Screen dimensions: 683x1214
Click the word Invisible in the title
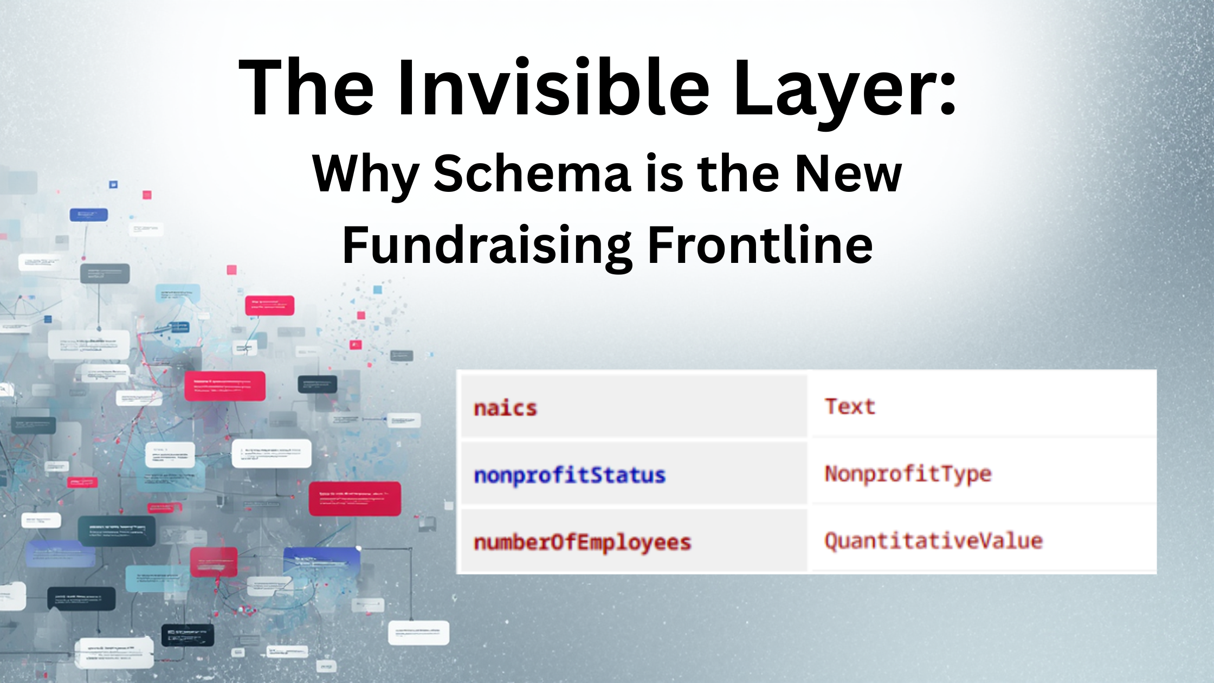(553, 88)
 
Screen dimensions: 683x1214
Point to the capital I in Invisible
(405, 88)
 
